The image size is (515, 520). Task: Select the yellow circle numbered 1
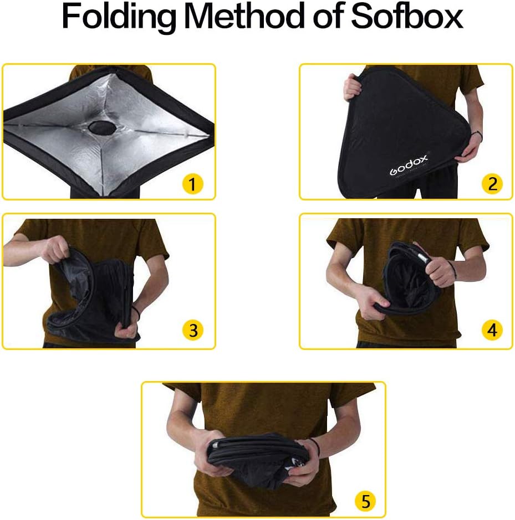[192, 184]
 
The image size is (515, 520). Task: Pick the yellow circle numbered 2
[492, 183]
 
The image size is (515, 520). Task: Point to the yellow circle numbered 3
[192, 330]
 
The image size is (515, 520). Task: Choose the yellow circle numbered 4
[492, 330]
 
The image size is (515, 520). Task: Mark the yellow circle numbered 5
[365, 502]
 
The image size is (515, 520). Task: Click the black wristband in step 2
[476, 133]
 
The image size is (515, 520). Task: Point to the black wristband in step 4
[452, 271]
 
